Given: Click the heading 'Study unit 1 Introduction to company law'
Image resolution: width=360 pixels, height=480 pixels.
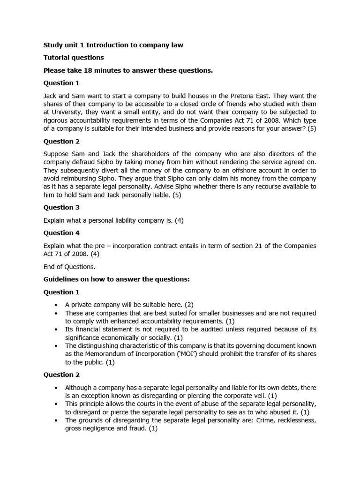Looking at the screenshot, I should click(113, 45).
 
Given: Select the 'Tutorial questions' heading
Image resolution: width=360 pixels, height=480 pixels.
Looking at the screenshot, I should click(74, 58).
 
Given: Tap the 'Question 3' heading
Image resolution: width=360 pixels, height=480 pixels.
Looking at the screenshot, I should click(58, 207).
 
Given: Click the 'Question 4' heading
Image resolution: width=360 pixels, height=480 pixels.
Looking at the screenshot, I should click(58, 233).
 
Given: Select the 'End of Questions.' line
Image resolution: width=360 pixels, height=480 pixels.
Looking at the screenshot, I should click(69, 267).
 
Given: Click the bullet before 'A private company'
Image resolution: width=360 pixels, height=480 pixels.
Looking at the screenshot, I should click(56, 304).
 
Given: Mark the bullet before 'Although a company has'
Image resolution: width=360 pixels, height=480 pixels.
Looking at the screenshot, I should click(56, 388).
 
